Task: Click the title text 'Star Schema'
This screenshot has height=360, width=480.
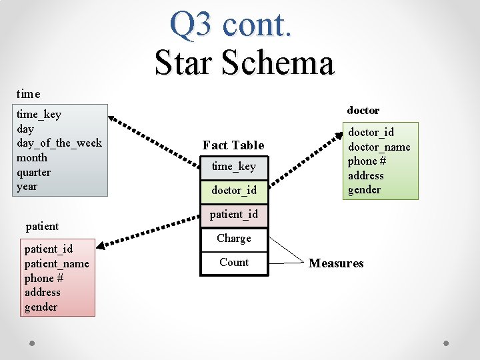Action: pyautogui.click(x=244, y=63)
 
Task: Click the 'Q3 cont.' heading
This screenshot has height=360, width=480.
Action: pyautogui.click(x=230, y=24)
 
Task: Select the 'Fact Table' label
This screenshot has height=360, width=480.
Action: pyautogui.click(x=233, y=145)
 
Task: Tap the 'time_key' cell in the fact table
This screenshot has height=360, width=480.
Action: pyautogui.click(x=233, y=166)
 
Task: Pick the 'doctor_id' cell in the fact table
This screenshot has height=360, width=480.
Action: pyautogui.click(x=233, y=190)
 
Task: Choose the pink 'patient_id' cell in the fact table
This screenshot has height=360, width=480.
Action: pyautogui.click(x=233, y=214)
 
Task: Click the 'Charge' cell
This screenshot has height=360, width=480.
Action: pyautogui.click(x=233, y=238)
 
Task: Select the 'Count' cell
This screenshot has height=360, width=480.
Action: pyautogui.click(x=233, y=262)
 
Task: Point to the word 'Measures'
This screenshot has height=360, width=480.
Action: pyautogui.click(x=336, y=263)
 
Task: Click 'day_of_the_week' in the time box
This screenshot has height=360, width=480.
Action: pyautogui.click(x=59, y=143)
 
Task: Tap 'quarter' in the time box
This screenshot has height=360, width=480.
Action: pyautogui.click(x=33, y=172)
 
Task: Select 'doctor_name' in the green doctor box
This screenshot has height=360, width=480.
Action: pyautogui.click(x=379, y=147)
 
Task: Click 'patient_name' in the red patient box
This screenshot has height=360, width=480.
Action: pyautogui.click(x=57, y=263)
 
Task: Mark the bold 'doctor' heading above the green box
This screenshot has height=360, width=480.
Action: pyautogui.click(x=363, y=110)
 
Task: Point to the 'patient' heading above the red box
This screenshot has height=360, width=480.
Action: pyautogui.click(x=42, y=226)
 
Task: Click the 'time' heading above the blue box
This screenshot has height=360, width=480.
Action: pyautogui.click(x=28, y=94)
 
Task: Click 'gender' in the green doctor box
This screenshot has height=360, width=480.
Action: pyautogui.click(x=364, y=190)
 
